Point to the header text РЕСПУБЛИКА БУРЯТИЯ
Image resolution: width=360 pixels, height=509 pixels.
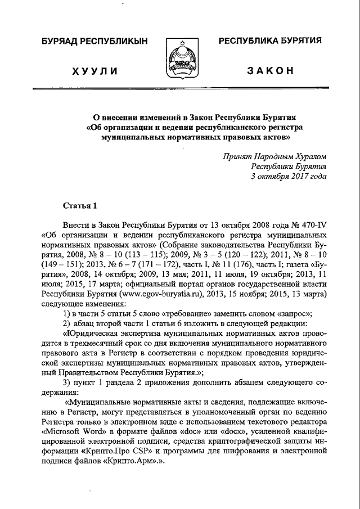[x=270, y=41]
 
